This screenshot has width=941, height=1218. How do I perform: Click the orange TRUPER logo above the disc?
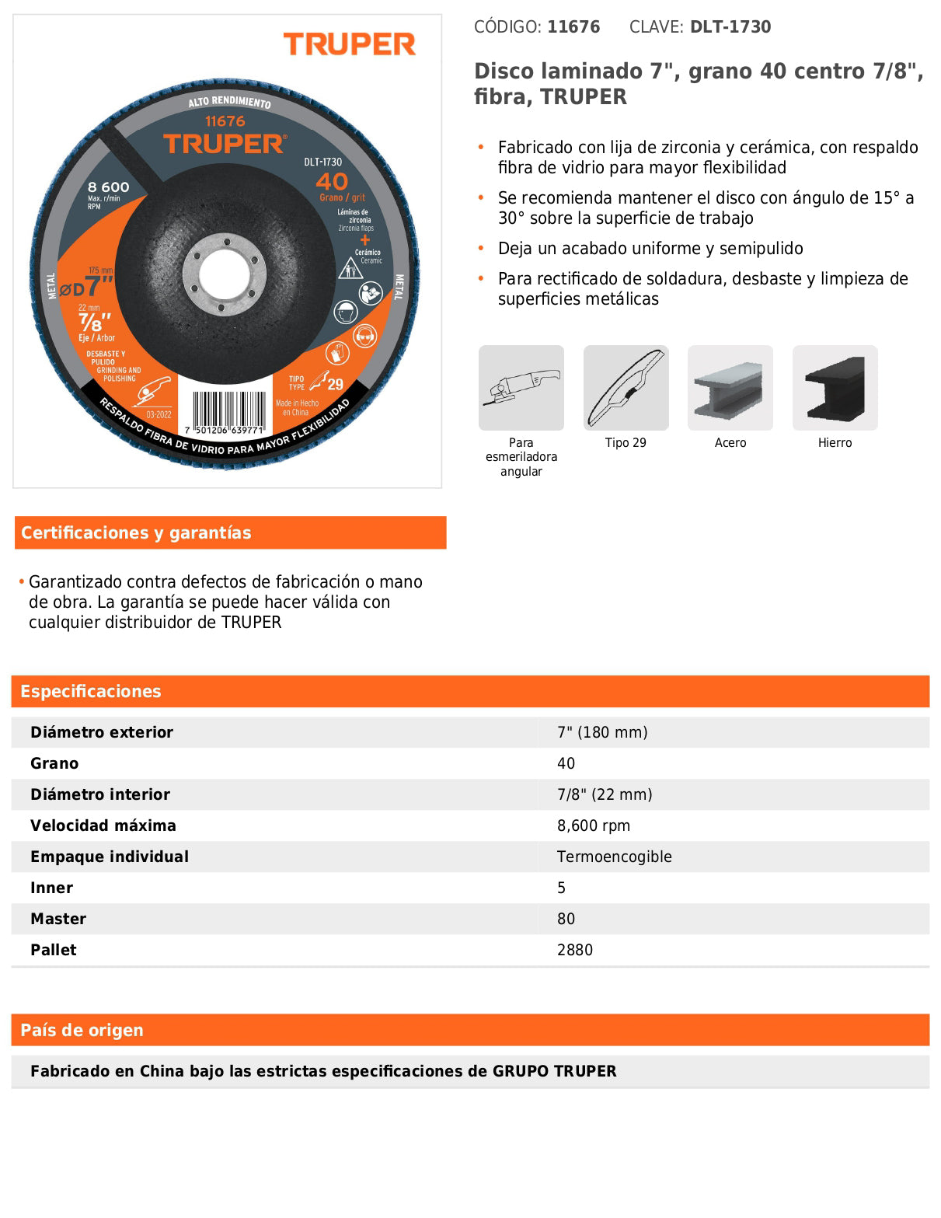point(349,45)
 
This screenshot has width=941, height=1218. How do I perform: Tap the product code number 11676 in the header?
point(573,27)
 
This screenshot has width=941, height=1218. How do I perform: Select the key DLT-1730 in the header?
point(730,27)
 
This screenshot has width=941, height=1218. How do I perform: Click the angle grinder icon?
point(521,387)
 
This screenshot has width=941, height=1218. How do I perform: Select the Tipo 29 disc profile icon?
point(626,387)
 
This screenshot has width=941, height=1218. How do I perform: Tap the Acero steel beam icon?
point(730,387)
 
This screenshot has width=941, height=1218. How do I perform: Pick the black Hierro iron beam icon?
point(835,387)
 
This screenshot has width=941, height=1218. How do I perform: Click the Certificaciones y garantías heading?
point(136,533)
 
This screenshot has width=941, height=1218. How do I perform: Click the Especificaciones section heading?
point(91,692)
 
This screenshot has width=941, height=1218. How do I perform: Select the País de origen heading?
point(82,1031)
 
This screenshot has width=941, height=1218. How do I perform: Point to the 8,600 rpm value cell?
point(594,826)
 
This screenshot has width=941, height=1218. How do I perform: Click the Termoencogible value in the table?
point(614,857)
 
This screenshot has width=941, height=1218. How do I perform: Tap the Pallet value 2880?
point(574,951)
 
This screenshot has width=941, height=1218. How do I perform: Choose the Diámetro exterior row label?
point(102,733)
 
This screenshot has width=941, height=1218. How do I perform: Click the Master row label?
point(58,920)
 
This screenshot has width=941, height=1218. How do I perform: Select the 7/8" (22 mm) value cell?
point(605,795)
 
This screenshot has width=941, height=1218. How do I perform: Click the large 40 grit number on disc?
point(332,182)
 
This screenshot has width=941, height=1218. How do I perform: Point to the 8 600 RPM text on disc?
point(109,187)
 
